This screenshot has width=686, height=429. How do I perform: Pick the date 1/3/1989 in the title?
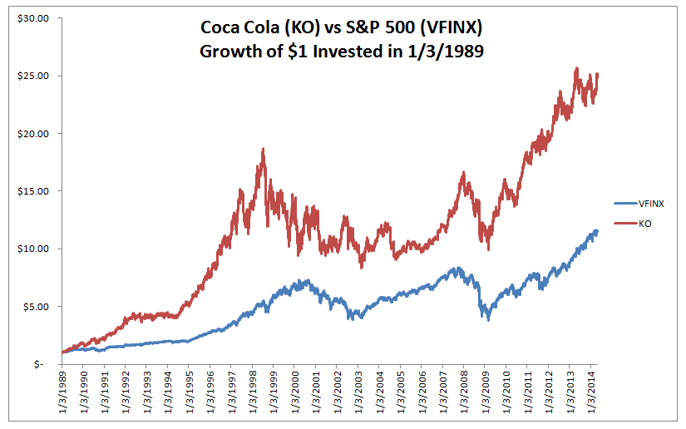439,51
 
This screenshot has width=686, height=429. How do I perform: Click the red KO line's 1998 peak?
264,150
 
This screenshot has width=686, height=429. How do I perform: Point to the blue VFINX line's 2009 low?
489,319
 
